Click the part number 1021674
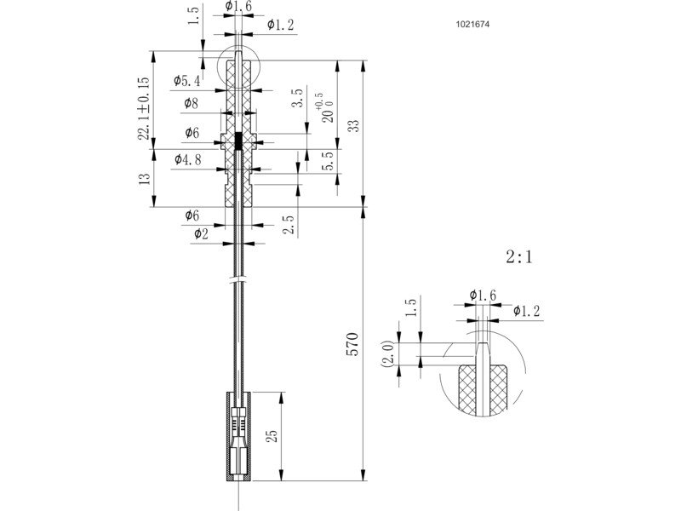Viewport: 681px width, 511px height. pos(472,25)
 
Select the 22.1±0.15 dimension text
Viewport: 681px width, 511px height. pos(144,108)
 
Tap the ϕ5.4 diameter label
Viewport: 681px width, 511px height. pos(186,80)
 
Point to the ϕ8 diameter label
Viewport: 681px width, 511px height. pos(191,103)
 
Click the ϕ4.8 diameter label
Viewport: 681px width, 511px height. pos(188,159)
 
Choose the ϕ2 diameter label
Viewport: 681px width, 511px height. pos(201,233)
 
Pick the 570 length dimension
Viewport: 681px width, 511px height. pos(352,344)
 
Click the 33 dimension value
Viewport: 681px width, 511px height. pos(354,125)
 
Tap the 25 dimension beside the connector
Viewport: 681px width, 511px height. pos(272,436)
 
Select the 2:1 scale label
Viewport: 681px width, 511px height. pos(519,257)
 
